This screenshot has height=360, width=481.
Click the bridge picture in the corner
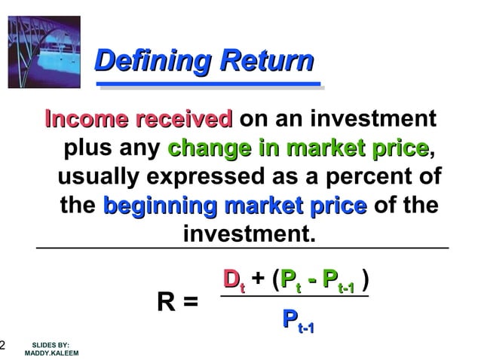click(44, 48)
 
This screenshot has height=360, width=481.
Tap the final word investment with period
click(248, 234)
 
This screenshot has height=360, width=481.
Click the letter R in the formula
click(167, 302)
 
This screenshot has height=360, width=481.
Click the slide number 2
click(3, 346)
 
